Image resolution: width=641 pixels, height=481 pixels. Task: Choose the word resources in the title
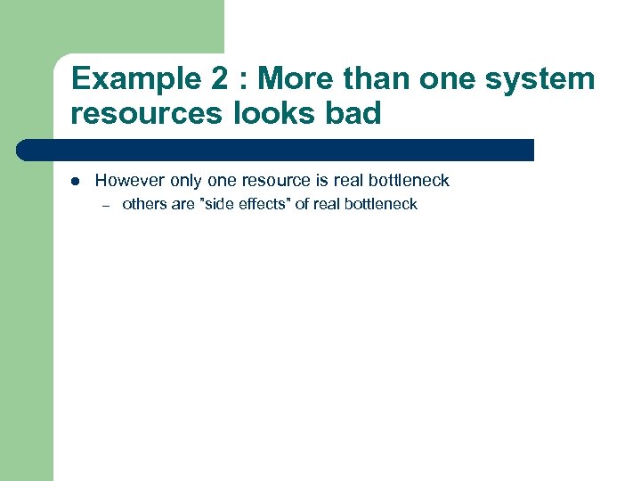pos(147,114)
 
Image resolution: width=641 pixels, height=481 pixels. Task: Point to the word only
pos(186,181)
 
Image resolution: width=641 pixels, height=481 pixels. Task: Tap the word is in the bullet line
pos(322,181)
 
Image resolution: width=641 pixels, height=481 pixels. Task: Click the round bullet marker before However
pos(76,182)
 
